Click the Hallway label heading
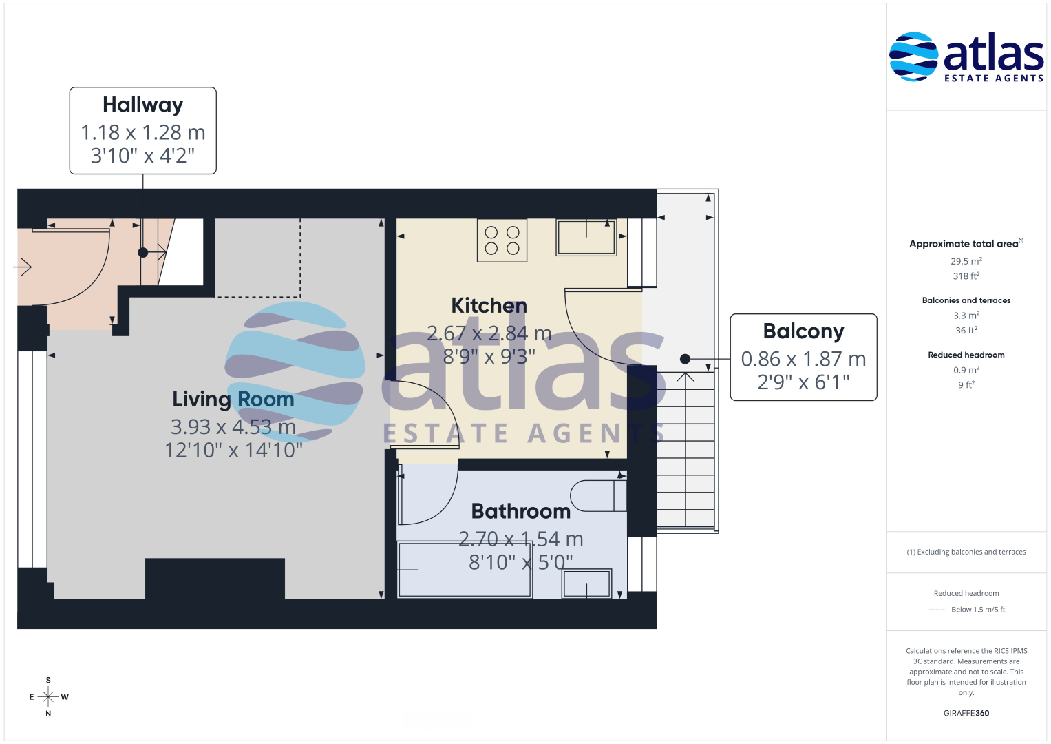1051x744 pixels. [x=142, y=105]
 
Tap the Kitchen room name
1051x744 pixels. [x=489, y=306]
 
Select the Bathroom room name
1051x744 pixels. [x=521, y=511]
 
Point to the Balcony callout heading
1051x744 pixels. [x=803, y=331]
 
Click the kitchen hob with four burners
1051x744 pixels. [x=502, y=240]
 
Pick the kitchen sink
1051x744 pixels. [x=586, y=237]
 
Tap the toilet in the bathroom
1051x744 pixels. [x=599, y=495]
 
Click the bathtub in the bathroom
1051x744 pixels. [x=465, y=569]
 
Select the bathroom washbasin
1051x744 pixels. [x=586, y=584]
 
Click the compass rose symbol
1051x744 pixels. [x=48, y=696]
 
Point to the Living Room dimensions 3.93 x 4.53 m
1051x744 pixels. [x=233, y=427]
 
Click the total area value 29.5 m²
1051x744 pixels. [x=966, y=260]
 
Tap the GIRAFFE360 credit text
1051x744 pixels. [x=966, y=713]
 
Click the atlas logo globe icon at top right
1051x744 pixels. [x=913, y=56]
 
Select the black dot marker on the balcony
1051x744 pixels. [x=685, y=359]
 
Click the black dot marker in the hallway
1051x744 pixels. [x=143, y=253]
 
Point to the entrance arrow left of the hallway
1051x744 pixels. [x=22, y=267]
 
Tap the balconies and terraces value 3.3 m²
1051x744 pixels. [x=966, y=316]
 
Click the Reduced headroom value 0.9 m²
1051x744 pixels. [x=966, y=370]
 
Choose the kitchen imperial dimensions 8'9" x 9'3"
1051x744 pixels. [x=489, y=357]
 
